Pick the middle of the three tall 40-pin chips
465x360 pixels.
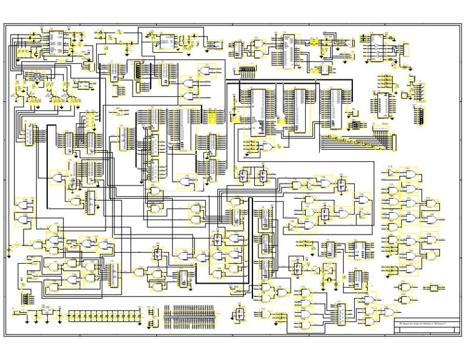pyautogui.click(x=298, y=109)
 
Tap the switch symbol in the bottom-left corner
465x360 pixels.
pyautogui.click(x=18, y=314)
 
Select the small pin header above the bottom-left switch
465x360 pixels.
pyautogui.click(x=25, y=298)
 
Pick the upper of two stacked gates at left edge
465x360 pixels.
pyautogui.click(x=25, y=205)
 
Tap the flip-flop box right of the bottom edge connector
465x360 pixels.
pyautogui.click(x=240, y=314)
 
